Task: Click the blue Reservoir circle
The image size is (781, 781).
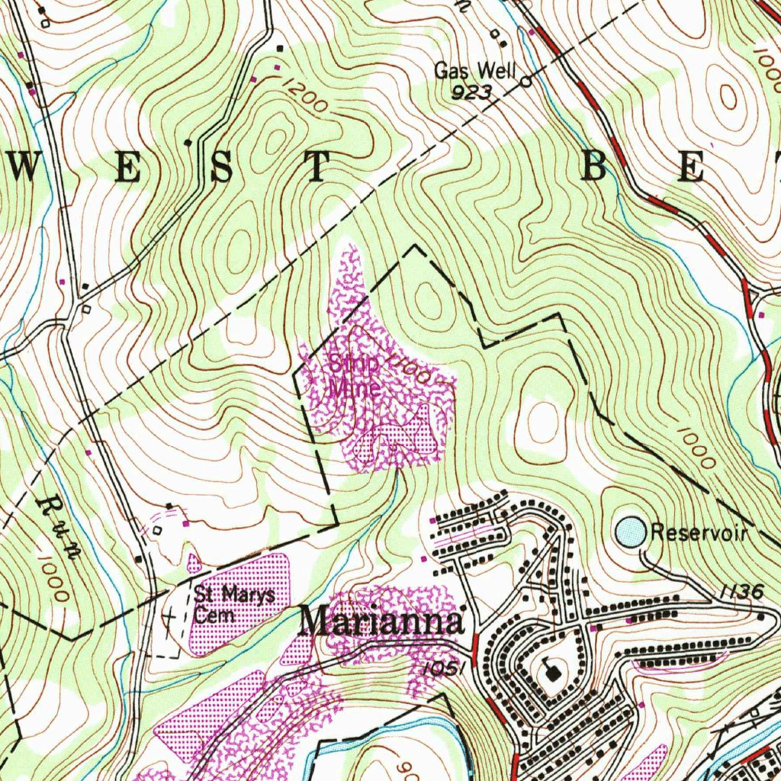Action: pos(630,532)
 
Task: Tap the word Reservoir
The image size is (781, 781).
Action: pos(698,533)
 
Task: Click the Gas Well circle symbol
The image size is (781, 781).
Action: pos(525,80)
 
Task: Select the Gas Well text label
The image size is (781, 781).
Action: pos(474,71)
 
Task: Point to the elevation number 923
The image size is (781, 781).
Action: pos(470,93)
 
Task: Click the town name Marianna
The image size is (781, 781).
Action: pos(381,622)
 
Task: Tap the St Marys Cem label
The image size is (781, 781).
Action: pos(233,604)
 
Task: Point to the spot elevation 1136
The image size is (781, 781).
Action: pos(741,592)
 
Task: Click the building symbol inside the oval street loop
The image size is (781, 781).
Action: pos(551,670)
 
